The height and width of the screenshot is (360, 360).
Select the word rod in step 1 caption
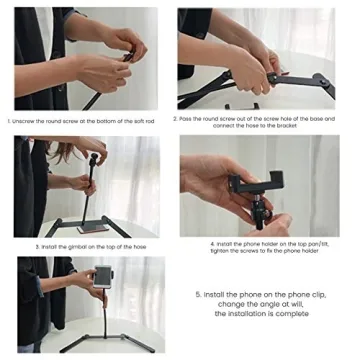(x=151, y=120)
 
